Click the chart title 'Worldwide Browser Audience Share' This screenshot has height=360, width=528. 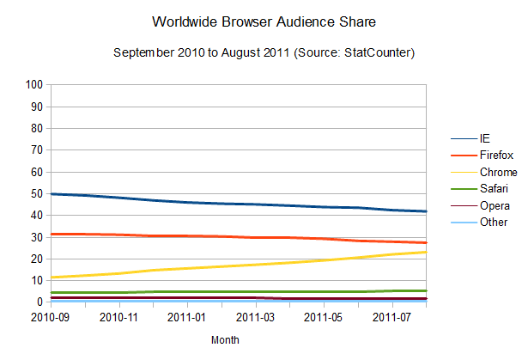(264, 20)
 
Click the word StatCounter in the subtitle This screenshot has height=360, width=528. (377, 53)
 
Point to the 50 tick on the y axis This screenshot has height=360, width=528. (37, 193)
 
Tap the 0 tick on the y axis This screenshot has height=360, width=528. (39, 302)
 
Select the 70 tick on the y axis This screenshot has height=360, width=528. (37, 150)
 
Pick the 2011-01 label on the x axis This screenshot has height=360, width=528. (186, 318)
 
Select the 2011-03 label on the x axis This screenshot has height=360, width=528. (255, 318)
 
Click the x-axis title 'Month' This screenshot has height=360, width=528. (225, 340)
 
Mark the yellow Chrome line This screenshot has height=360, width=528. (258, 265)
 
